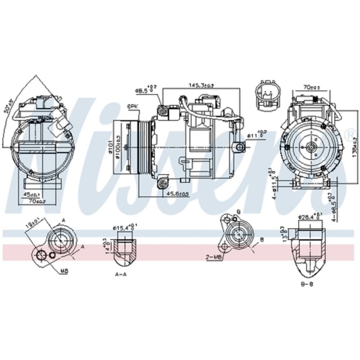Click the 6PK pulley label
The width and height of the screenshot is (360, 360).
click(132, 106)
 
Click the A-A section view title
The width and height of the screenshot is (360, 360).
click(121, 274)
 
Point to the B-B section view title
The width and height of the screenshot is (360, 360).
click(307, 284)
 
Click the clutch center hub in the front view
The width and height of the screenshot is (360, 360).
click(310, 147)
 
